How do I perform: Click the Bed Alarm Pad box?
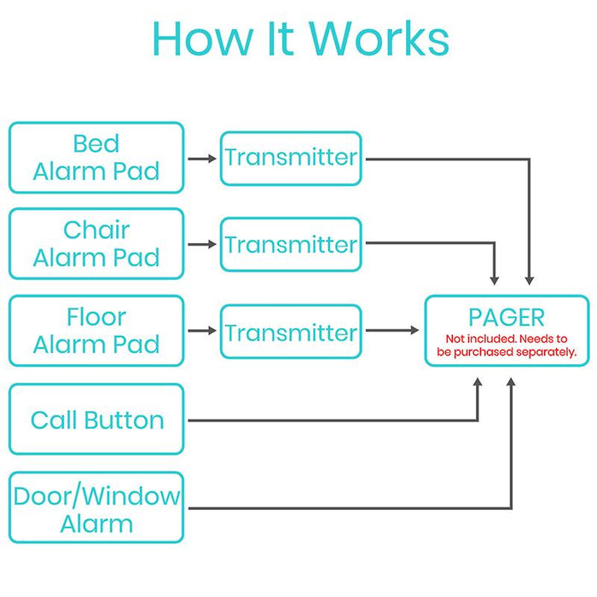click(96, 158)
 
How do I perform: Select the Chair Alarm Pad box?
click(96, 244)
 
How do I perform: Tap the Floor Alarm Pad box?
click(96, 331)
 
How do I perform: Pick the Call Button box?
click(96, 420)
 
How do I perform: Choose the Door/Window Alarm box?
click(96, 508)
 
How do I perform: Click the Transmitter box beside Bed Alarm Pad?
click(291, 158)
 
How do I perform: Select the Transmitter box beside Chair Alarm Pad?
click(291, 245)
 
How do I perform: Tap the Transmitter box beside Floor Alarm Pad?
click(291, 331)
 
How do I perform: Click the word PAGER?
click(507, 318)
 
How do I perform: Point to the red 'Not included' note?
click(507, 345)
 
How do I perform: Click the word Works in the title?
click(379, 39)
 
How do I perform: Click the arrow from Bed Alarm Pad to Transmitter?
click(202, 159)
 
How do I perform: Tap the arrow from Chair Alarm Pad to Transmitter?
click(202, 245)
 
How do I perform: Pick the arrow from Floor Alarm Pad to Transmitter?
click(202, 331)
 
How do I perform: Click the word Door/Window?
click(96, 496)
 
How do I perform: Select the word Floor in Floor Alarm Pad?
click(96, 317)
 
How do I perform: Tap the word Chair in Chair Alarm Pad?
click(96, 230)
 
